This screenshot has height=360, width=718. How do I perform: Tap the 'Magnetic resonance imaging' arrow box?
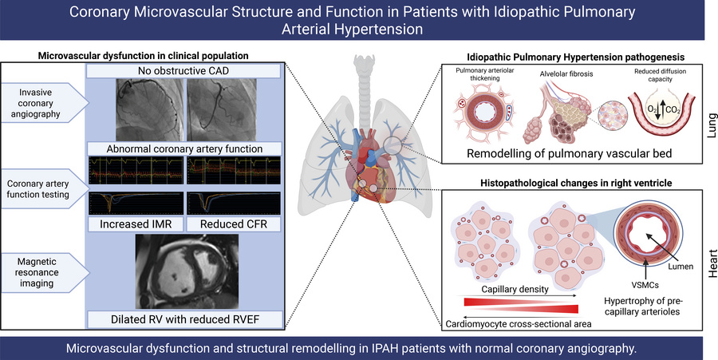click(42, 270)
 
